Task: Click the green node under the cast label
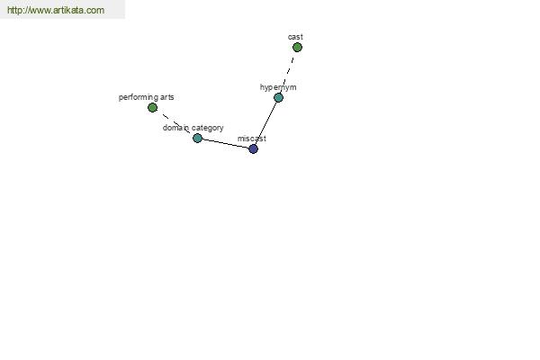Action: point(297,47)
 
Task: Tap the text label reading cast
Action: point(295,37)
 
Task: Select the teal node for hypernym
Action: point(278,97)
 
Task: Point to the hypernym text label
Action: point(278,87)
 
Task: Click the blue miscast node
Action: point(253,148)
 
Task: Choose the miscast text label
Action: point(252,139)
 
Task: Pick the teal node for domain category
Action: point(197,138)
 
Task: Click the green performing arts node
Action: point(152,107)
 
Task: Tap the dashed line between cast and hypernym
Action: point(288,72)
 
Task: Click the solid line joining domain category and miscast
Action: point(225,144)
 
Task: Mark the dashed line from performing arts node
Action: point(175,123)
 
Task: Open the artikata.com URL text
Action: point(56,10)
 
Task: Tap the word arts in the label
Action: point(167,97)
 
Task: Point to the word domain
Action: point(175,128)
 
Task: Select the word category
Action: point(208,128)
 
